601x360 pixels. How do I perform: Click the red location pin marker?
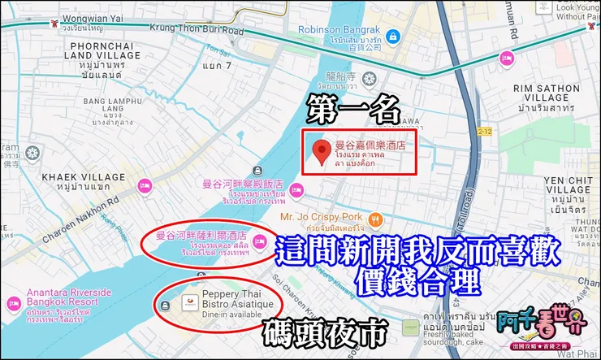(322, 152)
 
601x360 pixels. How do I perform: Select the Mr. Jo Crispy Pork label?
(321, 217)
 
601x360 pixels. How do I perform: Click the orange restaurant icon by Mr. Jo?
(375, 218)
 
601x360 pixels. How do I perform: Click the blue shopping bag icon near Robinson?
(392, 37)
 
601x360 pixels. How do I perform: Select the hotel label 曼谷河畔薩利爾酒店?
(201, 236)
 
